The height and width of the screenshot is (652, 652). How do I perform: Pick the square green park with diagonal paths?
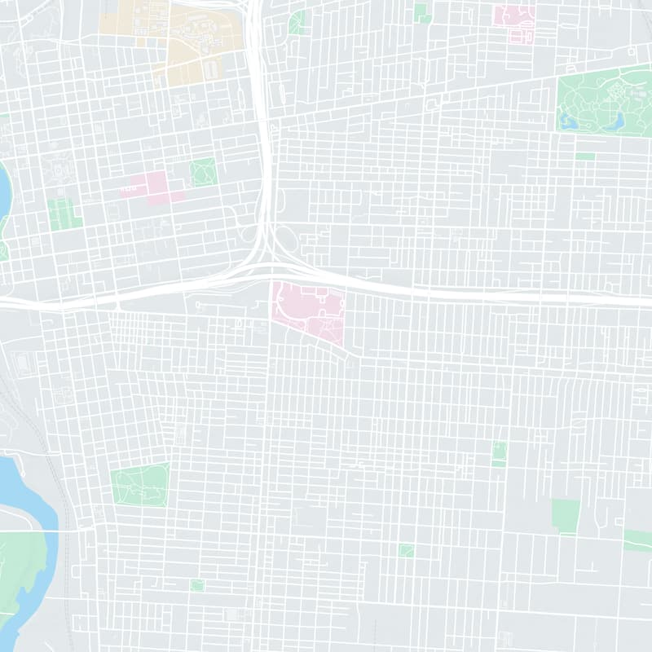point(203,172)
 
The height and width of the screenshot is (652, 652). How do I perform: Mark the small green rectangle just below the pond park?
point(584,156)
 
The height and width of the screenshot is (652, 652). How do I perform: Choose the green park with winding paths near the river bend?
point(140,485)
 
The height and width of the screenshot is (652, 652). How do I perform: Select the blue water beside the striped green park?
point(5,192)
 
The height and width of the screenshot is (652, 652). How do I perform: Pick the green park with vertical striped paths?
point(64,214)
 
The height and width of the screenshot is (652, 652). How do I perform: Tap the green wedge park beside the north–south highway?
point(297,23)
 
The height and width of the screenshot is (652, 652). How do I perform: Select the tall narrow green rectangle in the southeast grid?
point(499,454)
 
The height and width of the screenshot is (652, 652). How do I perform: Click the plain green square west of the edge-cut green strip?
point(565,516)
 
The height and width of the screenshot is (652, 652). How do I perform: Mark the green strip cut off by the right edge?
point(638,540)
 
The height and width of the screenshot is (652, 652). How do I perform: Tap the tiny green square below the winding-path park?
point(196,585)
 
